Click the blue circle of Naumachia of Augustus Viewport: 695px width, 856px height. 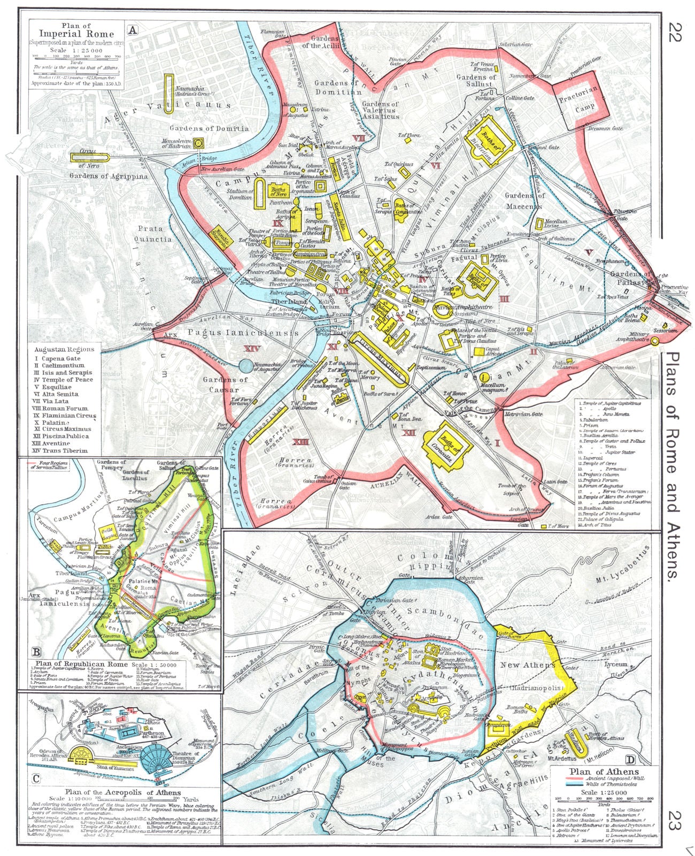click(x=245, y=366)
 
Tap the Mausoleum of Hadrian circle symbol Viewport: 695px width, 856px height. click(x=198, y=143)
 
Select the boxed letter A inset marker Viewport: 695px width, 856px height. click(x=132, y=30)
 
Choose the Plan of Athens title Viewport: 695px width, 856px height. click(x=604, y=771)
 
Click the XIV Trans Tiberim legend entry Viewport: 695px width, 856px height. click(x=60, y=450)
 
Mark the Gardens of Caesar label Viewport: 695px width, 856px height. click(x=225, y=385)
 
